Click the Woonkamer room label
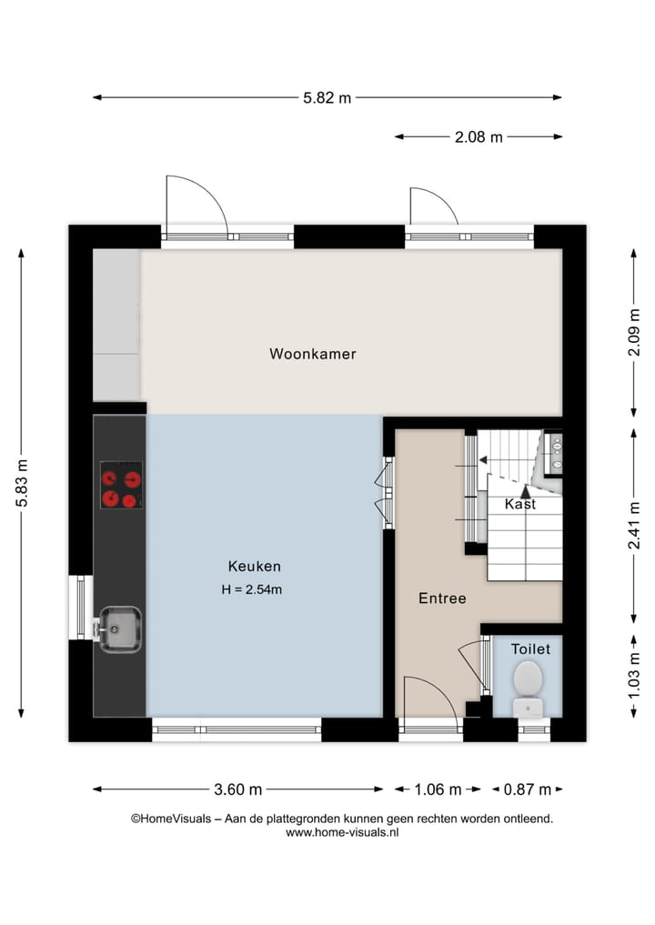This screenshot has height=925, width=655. (x=312, y=354)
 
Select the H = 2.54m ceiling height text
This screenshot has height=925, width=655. (x=252, y=589)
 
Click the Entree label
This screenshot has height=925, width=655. (x=442, y=598)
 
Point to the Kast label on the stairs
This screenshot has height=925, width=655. (x=520, y=504)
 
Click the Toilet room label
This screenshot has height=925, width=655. (x=529, y=649)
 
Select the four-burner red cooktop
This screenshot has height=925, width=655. (x=122, y=486)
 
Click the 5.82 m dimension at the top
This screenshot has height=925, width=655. (x=327, y=98)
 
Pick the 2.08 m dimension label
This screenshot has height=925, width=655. (x=479, y=137)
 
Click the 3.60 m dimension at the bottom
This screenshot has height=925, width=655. (x=238, y=789)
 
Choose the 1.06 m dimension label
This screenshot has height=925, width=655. (x=438, y=789)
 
